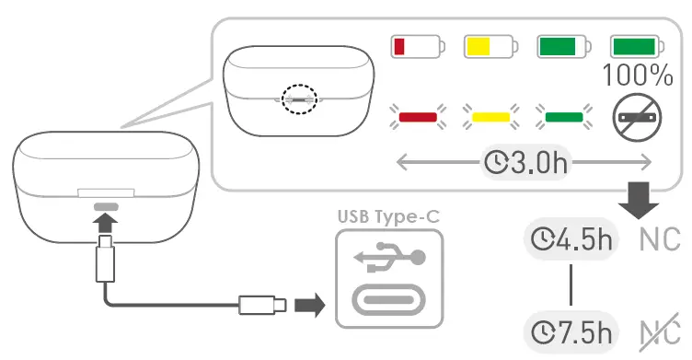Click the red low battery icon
tap(417, 45)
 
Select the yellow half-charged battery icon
tap(490, 45)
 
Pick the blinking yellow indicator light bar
tap(490, 117)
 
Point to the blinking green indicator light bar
tap(563, 117)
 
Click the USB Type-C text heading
tap(388, 217)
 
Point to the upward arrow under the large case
tap(107, 221)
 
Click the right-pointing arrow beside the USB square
tap(314, 304)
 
